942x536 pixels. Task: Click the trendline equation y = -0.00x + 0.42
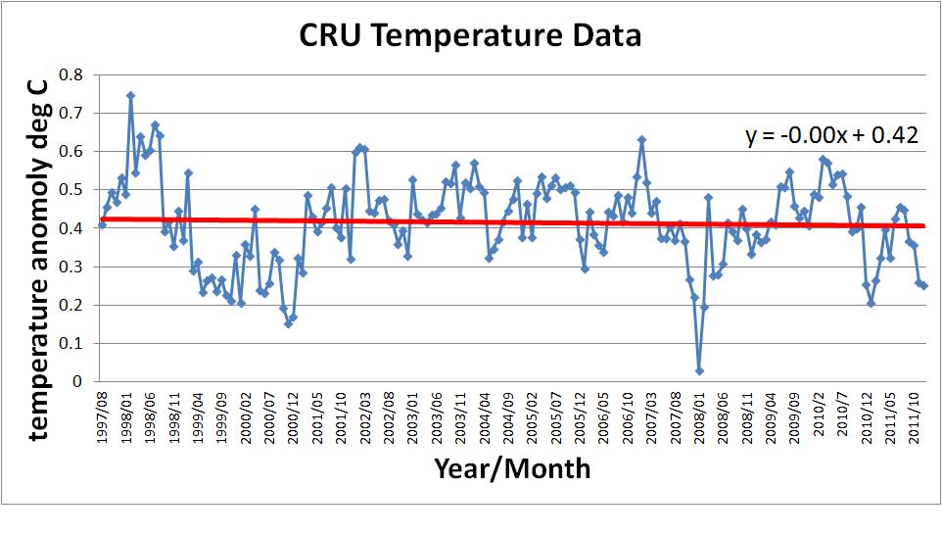coord(831,135)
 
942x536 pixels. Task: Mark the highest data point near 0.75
coord(130,96)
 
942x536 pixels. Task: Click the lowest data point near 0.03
coord(699,370)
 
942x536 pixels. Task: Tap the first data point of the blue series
coord(102,224)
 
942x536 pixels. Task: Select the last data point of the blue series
coord(923,285)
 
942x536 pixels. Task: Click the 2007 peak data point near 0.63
coord(641,139)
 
